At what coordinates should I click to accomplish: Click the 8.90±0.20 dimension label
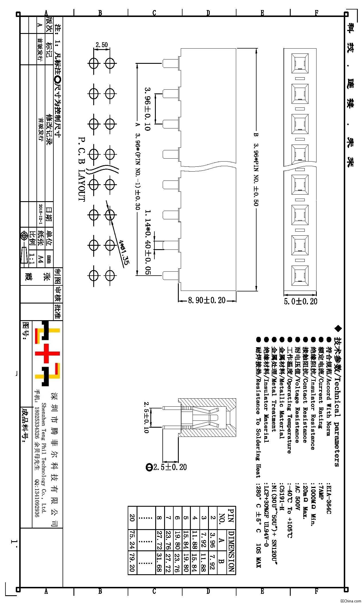point(207,300)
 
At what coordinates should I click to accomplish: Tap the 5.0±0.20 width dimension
point(300,301)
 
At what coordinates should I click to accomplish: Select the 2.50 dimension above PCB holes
point(102,45)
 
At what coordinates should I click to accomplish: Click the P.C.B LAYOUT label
point(81,168)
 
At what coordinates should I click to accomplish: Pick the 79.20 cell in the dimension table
point(132,561)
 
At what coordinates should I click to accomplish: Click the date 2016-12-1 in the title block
point(41,214)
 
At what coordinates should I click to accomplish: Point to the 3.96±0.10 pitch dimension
point(147,109)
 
